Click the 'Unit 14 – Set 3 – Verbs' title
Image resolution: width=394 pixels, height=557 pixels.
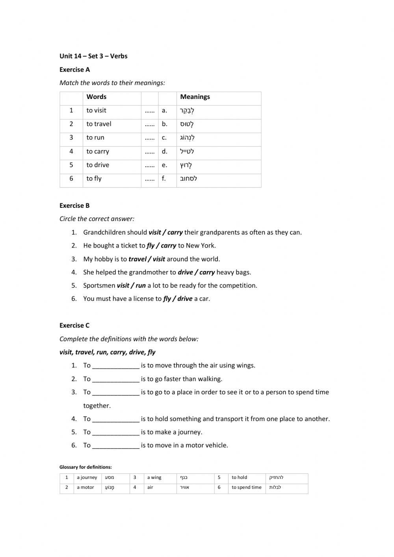tap(93, 56)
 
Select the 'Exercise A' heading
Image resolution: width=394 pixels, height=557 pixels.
tap(74, 70)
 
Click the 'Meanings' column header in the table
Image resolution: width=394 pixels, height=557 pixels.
tap(195, 97)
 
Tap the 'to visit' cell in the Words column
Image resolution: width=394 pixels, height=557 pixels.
tap(96, 110)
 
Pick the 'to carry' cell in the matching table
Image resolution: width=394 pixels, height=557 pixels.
tap(98, 151)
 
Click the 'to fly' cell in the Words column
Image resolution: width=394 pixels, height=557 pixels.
tap(94, 179)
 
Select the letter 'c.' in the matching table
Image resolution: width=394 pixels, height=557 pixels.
tap(164, 138)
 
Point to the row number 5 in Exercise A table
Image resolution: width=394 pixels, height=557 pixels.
tap(71, 165)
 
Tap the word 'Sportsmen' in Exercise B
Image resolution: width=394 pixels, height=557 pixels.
tap(99, 285)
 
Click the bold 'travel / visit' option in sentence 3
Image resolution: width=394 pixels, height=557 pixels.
tap(147, 259)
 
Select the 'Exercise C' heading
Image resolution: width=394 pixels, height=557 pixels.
tap(74, 326)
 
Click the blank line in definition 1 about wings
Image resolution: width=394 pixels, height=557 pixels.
tap(116, 366)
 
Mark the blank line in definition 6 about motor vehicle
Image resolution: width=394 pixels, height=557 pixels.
tap(116, 445)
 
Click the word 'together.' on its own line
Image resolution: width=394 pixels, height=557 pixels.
tap(97, 406)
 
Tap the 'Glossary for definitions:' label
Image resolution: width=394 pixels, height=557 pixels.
tap(85, 467)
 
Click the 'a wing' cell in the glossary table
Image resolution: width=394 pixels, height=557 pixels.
tap(154, 478)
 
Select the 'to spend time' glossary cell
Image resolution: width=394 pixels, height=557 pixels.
tap(246, 488)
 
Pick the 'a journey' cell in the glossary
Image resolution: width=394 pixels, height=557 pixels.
tap(87, 478)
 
